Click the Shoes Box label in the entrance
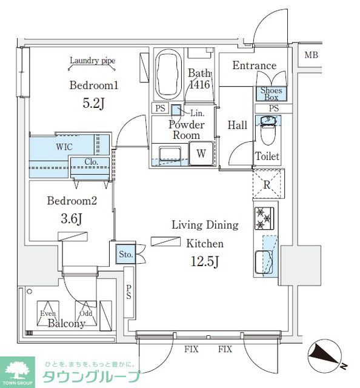click(271, 94)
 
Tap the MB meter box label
click(311, 55)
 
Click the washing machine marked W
click(201, 153)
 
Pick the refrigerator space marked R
click(268, 184)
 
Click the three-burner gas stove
click(264, 218)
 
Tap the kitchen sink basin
click(264, 263)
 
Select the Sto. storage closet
click(126, 254)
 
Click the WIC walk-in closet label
click(64, 147)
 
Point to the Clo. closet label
click(92, 162)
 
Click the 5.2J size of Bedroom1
click(93, 103)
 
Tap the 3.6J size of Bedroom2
click(72, 219)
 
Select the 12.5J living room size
click(205, 261)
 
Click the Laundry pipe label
click(93, 61)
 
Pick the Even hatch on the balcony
click(48, 313)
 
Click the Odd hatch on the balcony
click(86, 313)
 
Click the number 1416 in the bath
click(199, 85)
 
